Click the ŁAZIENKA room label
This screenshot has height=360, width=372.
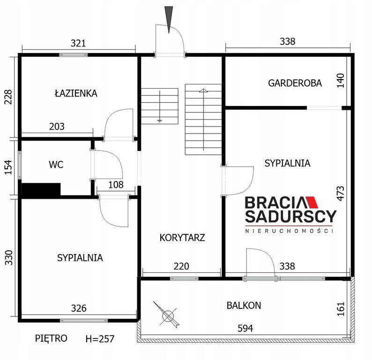click(x=76, y=93)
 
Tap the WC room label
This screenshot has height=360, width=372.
click(x=56, y=165)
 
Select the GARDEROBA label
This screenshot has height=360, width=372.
click(x=295, y=83)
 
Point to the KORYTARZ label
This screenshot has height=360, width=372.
click(x=182, y=238)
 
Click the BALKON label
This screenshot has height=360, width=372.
click(x=244, y=306)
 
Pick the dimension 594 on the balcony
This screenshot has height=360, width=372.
click(x=246, y=329)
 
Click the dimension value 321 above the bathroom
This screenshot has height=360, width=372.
click(x=78, y=43)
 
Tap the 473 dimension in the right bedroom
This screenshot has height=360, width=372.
click(x=340, y=194)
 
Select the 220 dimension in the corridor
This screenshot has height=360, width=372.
click(x=181, y=266)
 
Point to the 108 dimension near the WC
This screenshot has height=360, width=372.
click(x=116, y=185)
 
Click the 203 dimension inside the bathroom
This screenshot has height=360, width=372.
click(x=57, y=127)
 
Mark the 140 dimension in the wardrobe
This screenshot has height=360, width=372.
click(x=340, y=81)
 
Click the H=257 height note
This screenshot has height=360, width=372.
click(x=100, y=339)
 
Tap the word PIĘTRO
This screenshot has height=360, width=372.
click(x=51, y=338)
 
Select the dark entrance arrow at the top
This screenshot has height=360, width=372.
click(x=169, y=20)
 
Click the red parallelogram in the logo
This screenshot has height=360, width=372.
click(x=312, y=202)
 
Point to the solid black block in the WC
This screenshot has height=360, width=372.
click(x=41, y=190)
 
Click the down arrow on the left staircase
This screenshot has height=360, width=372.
click(x=160, y=106)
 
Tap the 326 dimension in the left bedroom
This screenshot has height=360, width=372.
click(x=79, y=308)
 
